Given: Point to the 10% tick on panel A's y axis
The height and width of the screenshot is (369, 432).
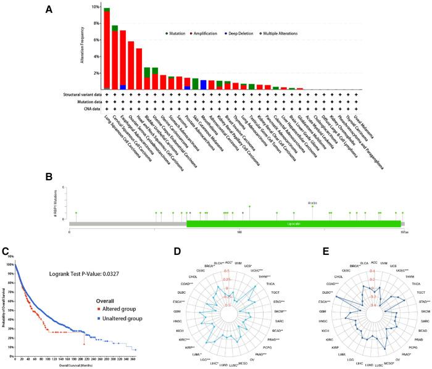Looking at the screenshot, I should click(x=95, y=7).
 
